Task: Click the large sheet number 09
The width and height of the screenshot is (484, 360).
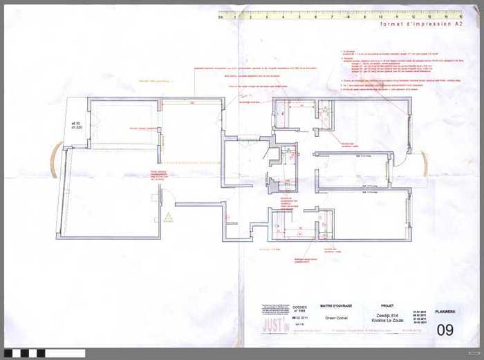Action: click(x=445, y=330)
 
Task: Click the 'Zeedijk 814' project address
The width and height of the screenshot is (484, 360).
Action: click(x=387, y=314)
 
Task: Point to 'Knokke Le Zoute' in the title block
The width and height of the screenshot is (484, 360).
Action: click(x=387, y=321)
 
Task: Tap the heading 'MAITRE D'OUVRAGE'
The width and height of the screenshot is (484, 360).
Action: click(x=335, y=305)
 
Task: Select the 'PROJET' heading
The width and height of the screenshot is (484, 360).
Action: click(x=387, y=305)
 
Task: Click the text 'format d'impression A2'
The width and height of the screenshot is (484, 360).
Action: click(x=420, y=24)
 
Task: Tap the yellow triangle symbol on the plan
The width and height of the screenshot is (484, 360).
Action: click(x=167, y=217)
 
